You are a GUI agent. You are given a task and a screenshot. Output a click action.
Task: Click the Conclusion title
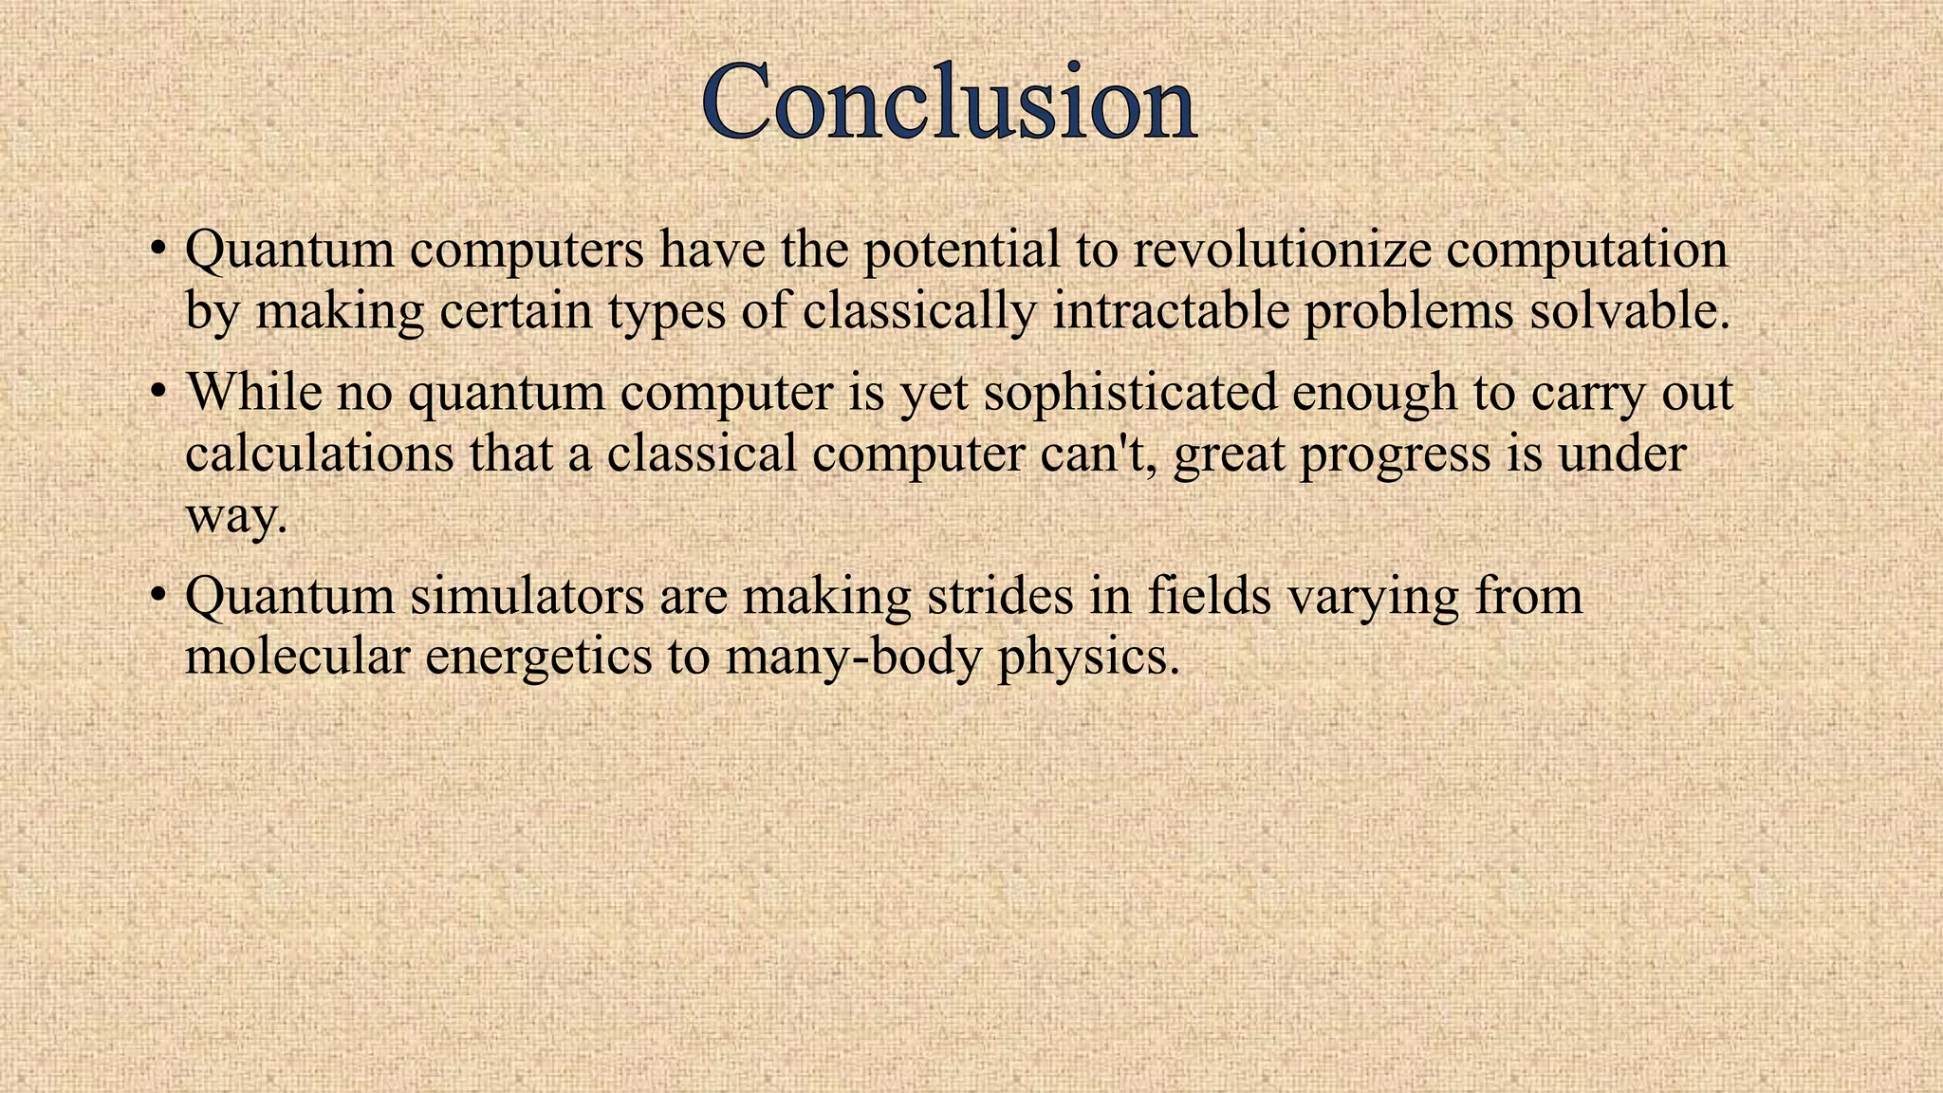949,102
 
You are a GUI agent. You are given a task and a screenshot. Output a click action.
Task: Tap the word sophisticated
1129,393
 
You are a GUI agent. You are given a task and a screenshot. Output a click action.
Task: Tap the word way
234,518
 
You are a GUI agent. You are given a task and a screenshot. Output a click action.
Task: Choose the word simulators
527,596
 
